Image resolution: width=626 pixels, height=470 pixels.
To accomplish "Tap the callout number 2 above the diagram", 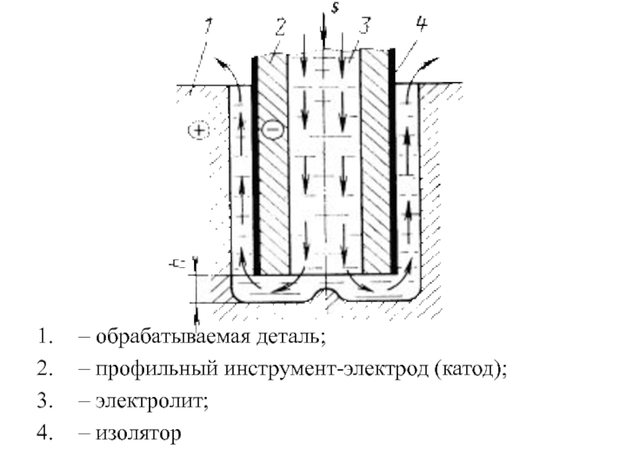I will click(x=280, y=29).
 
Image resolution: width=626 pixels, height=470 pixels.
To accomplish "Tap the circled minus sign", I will click(x=271, y=129).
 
